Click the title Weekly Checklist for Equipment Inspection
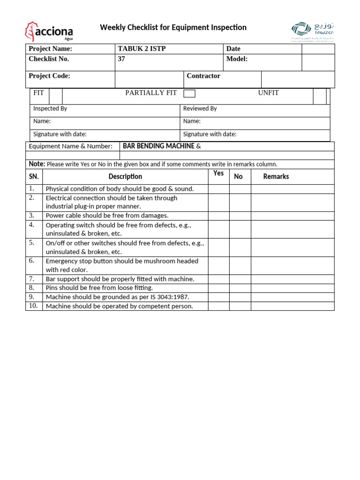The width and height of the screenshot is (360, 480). point(173,28)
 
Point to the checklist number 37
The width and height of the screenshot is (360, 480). point(121,59)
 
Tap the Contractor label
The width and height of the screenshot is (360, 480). point(203,76)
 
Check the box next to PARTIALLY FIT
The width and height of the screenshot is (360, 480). point(189,93)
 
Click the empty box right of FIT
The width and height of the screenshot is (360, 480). point(55,96)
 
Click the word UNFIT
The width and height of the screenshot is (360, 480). point(268,93)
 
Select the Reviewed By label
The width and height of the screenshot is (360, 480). point(200,109)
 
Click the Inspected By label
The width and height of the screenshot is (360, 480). point(50,109)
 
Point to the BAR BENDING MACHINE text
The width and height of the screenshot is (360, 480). point(158,146)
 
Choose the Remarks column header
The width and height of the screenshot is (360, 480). point(276,177)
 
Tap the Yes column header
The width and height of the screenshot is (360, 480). point(218,173)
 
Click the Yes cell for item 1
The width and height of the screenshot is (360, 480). point(218,189)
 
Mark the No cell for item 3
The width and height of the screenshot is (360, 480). point(240,216)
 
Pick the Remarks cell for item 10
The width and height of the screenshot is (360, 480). point(292,306)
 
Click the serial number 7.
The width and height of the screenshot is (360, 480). point(32,278)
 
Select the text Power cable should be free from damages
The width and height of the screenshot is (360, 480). point(107,216)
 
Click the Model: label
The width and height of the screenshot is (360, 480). point(237,59)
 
